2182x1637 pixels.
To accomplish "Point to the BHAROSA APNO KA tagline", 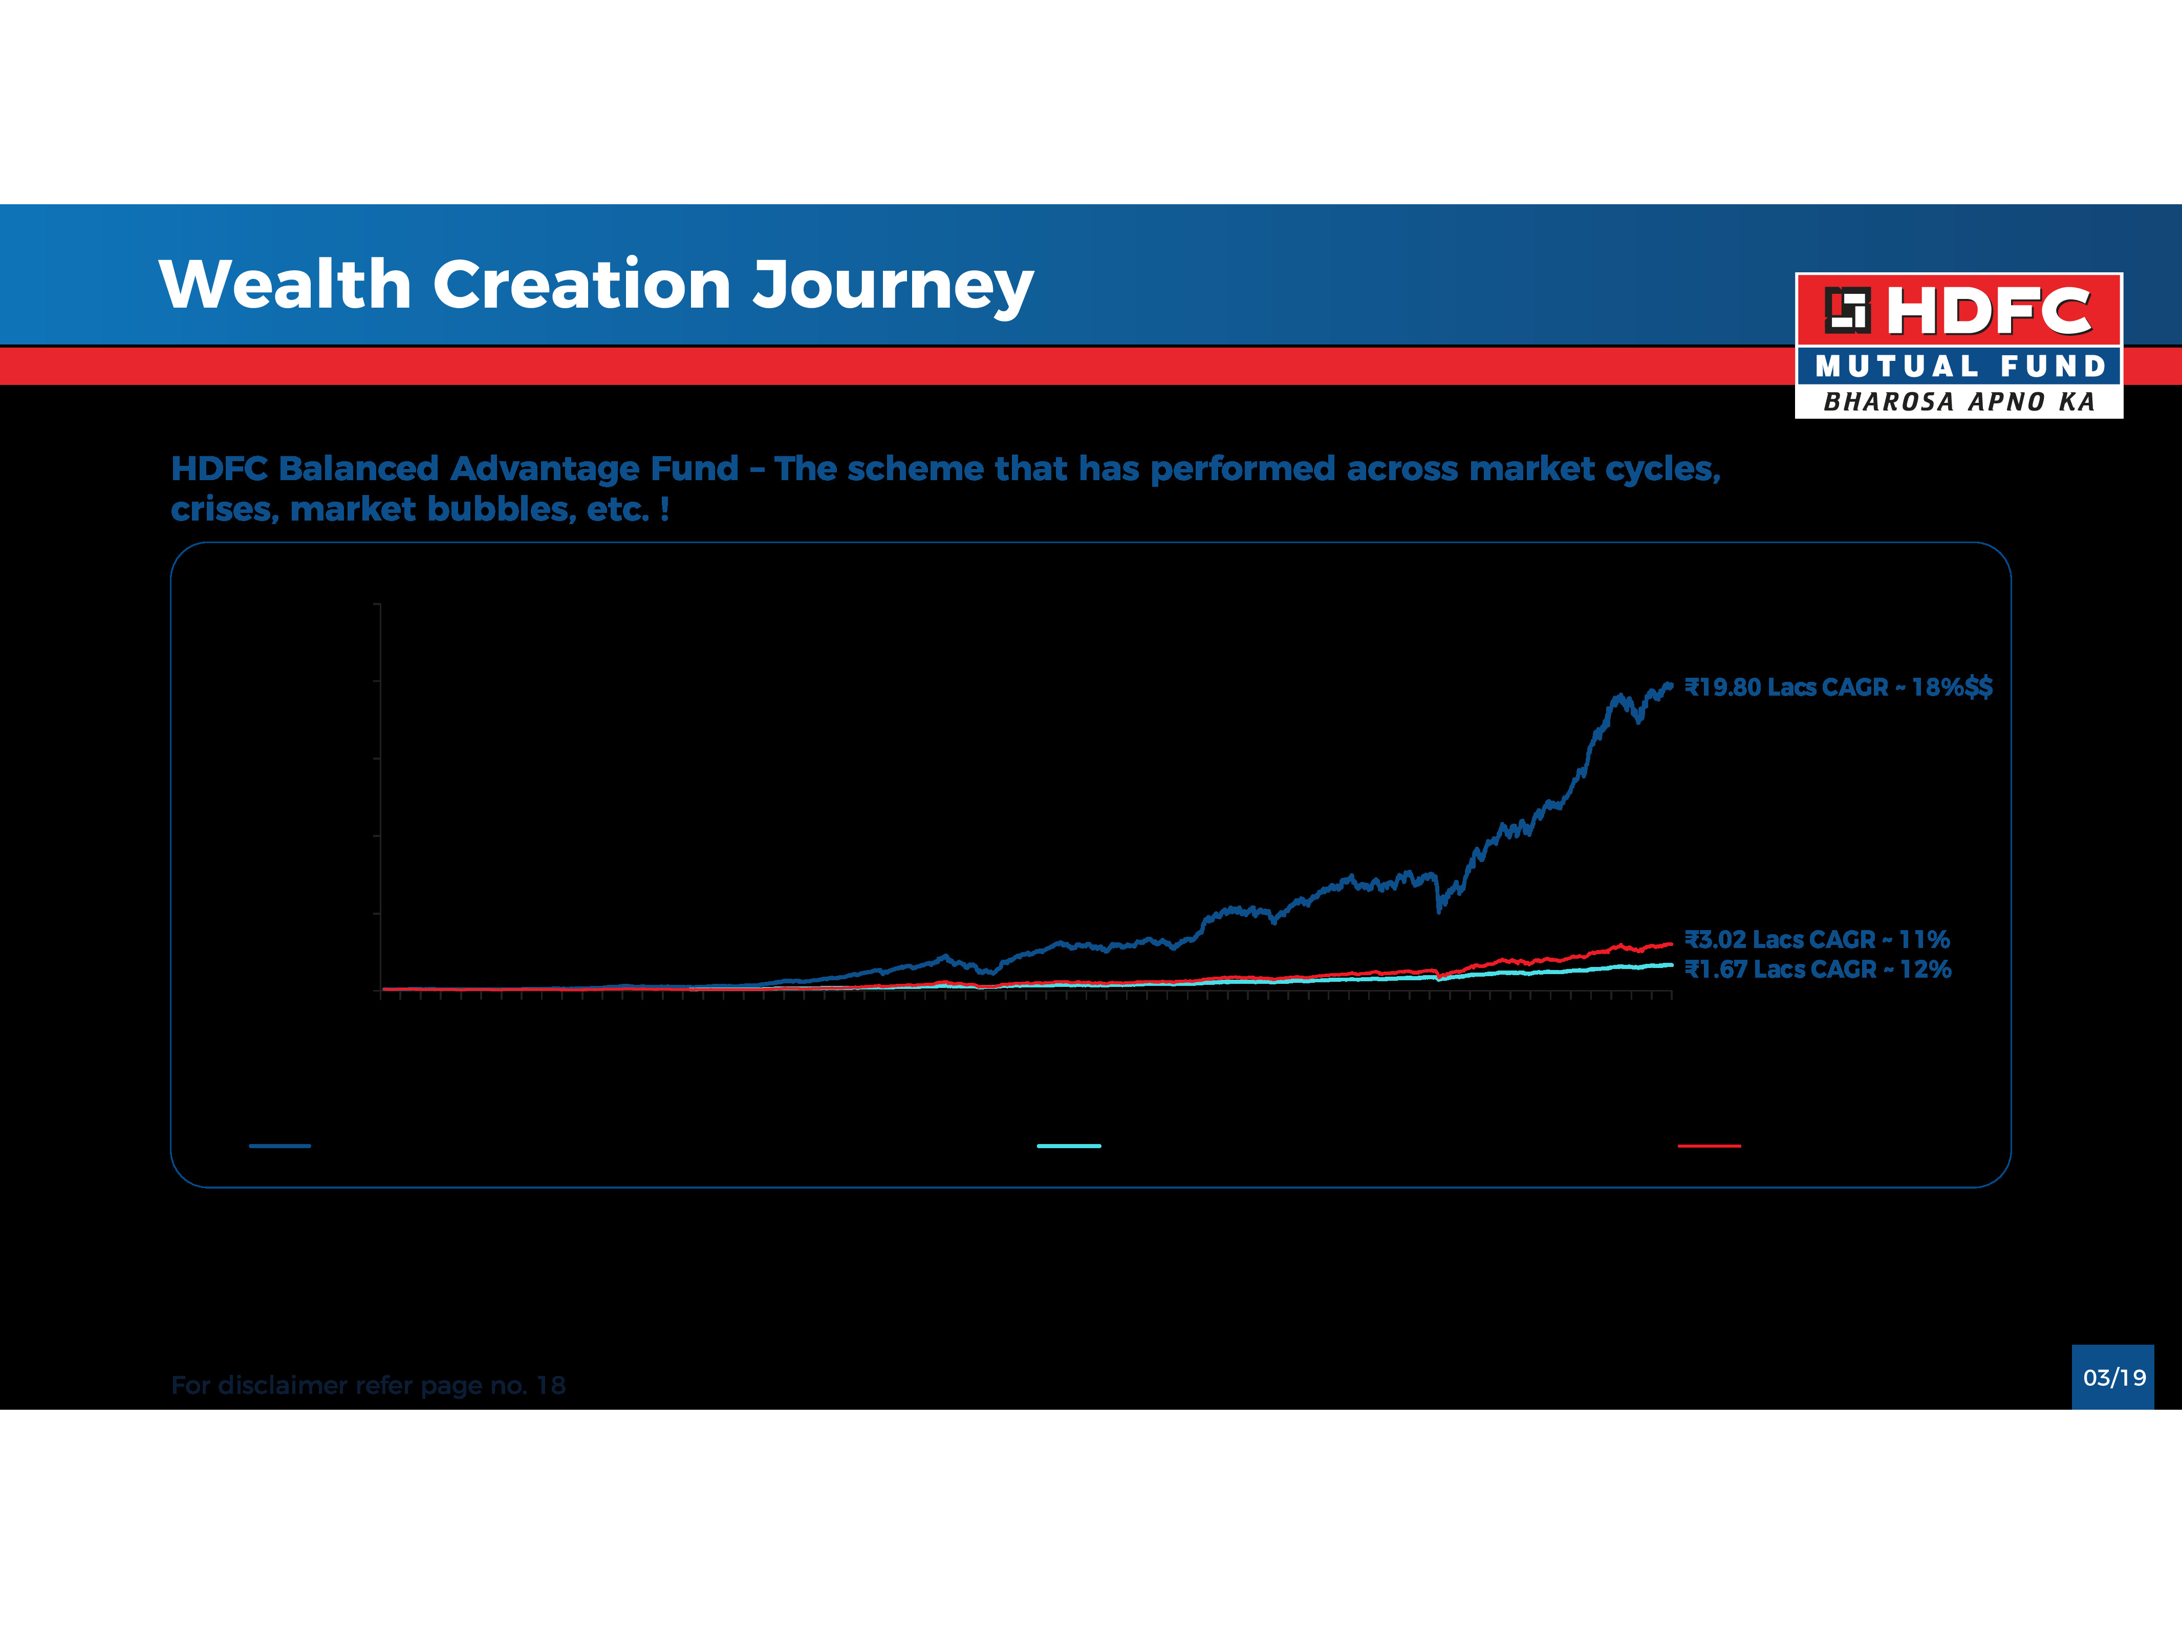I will click(x=1959, y=402).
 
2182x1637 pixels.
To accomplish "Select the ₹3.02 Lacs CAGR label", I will click(x=1817, y=939).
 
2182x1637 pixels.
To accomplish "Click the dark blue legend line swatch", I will click(x=280, y=1146).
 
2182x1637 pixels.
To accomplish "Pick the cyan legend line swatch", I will click(x=1068, y=1146).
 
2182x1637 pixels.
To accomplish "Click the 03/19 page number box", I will click(x=2113, y=1377).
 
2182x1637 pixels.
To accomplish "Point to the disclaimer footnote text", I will click(x=368, y=1385).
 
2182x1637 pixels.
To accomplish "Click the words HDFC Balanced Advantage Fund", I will click(x=455, y=469).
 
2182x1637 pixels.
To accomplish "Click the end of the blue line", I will click(x=1670, y=684).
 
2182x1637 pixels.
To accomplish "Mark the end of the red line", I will click(x=1670, y=944).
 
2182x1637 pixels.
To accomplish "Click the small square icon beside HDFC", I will click(x=1847, y=310).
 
